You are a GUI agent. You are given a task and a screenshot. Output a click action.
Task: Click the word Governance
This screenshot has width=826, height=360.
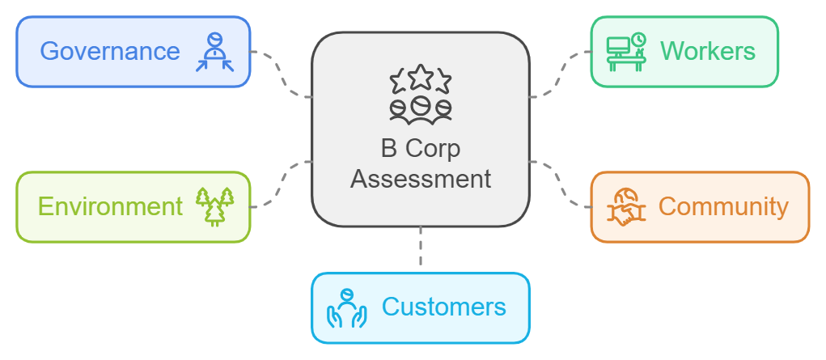[110, 52]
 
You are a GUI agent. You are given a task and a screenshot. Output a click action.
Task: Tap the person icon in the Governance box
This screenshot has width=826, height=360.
[214, 52]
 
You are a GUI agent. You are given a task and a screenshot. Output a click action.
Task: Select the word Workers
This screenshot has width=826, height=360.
[707, 52]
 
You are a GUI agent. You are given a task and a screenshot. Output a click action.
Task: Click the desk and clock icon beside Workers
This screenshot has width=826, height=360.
[626, 52]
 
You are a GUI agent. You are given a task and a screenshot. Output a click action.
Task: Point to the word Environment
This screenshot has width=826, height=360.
[110, 207]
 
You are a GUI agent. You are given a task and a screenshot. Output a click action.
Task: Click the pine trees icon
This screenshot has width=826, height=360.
[215, 206]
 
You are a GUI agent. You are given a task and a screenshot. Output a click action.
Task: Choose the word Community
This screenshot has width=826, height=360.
[722, 207]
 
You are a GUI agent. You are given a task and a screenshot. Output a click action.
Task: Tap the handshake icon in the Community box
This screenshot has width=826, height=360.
[627, 207]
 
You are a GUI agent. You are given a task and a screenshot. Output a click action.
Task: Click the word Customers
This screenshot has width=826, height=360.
[443, 307]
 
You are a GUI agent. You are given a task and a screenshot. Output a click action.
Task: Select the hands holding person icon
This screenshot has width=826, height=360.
[346, 308]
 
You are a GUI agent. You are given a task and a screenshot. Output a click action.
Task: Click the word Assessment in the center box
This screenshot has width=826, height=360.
[421, 179]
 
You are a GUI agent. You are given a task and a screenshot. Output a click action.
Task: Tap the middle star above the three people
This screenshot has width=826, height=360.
[421, 78]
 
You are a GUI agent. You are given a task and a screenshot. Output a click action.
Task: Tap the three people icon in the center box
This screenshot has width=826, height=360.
[421, 108]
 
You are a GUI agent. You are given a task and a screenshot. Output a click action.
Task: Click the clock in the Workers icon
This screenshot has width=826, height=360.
[638, 40]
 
